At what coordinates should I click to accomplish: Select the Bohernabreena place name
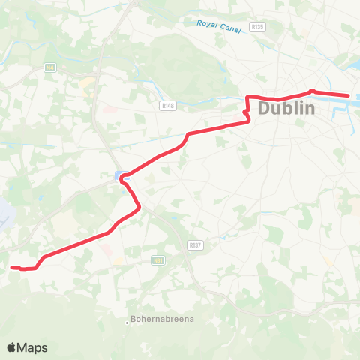(x=163, y=319)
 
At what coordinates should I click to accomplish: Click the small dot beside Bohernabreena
(x=127, y=323)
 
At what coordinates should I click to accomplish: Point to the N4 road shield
(x=50, y=67)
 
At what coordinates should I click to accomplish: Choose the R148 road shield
(x=167, y=106)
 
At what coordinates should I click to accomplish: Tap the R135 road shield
(x=259, y=27)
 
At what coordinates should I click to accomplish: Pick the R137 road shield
(x=195, y=244)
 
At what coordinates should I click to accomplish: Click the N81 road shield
(x=157, y=260)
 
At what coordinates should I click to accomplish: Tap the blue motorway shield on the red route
(x=121, y=176)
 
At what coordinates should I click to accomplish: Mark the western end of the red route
(x=12, y=266)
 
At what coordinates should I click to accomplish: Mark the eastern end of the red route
(x=349, y=95)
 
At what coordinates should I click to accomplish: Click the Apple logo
(x=11, y=347)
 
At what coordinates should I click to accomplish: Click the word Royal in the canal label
(x=207, y=23)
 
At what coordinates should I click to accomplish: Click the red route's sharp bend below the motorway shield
(x=139, y=209)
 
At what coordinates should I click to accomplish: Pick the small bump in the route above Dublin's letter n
(x=311, y=91)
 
